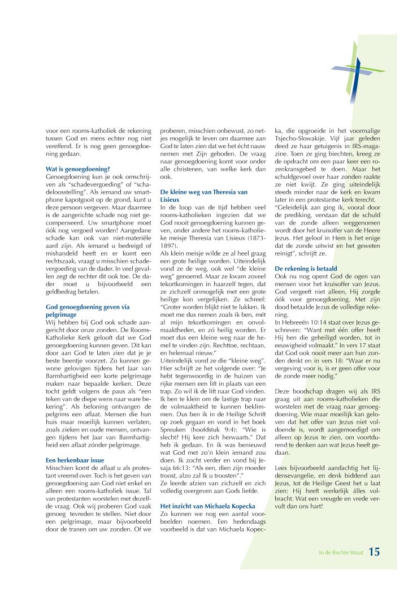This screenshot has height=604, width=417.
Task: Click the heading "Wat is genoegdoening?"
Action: [x=77, y=169]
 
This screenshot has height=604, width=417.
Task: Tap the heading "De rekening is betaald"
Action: [x=306, y=268]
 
